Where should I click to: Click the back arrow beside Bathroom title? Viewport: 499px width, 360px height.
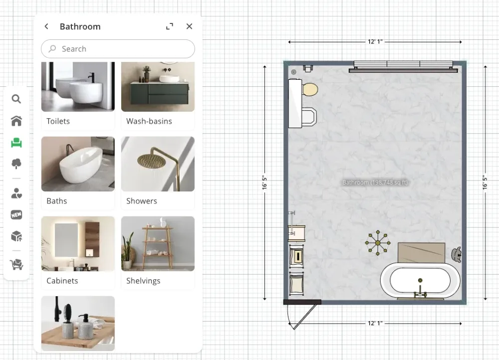(x=46, y=26)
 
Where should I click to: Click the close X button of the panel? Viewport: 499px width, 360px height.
(x=189, y=26)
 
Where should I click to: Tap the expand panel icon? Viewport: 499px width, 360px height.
(x=170, y=26)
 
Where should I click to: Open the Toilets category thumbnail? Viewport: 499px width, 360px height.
(x=78, y=87)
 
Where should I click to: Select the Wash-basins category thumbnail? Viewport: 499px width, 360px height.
(x=158, y=87)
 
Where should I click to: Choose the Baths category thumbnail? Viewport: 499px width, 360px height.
(x=78, y=164)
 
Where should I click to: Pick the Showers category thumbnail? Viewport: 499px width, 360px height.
(x=158, y=164)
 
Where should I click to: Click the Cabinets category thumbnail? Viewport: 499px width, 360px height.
(x=78, y=244)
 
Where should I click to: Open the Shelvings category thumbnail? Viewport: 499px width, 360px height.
(x=158, y=244)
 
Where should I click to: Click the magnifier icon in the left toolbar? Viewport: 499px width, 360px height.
(x=16, y=99)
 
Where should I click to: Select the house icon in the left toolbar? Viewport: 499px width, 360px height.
(x=16, y=121)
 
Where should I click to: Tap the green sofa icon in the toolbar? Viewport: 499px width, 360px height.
(x=16, y=143)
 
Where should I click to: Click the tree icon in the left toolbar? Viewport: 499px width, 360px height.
(x=16, y=164)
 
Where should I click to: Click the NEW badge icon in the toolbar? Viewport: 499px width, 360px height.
(x=16, y=215)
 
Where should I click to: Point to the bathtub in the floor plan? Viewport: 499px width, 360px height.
(x=420, y=280)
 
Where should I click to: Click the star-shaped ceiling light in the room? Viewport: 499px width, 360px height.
(x=378, y=243)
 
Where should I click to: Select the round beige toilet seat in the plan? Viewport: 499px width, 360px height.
(x=310, y=90)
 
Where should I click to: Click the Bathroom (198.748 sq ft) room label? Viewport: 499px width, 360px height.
(x=375, y=183)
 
